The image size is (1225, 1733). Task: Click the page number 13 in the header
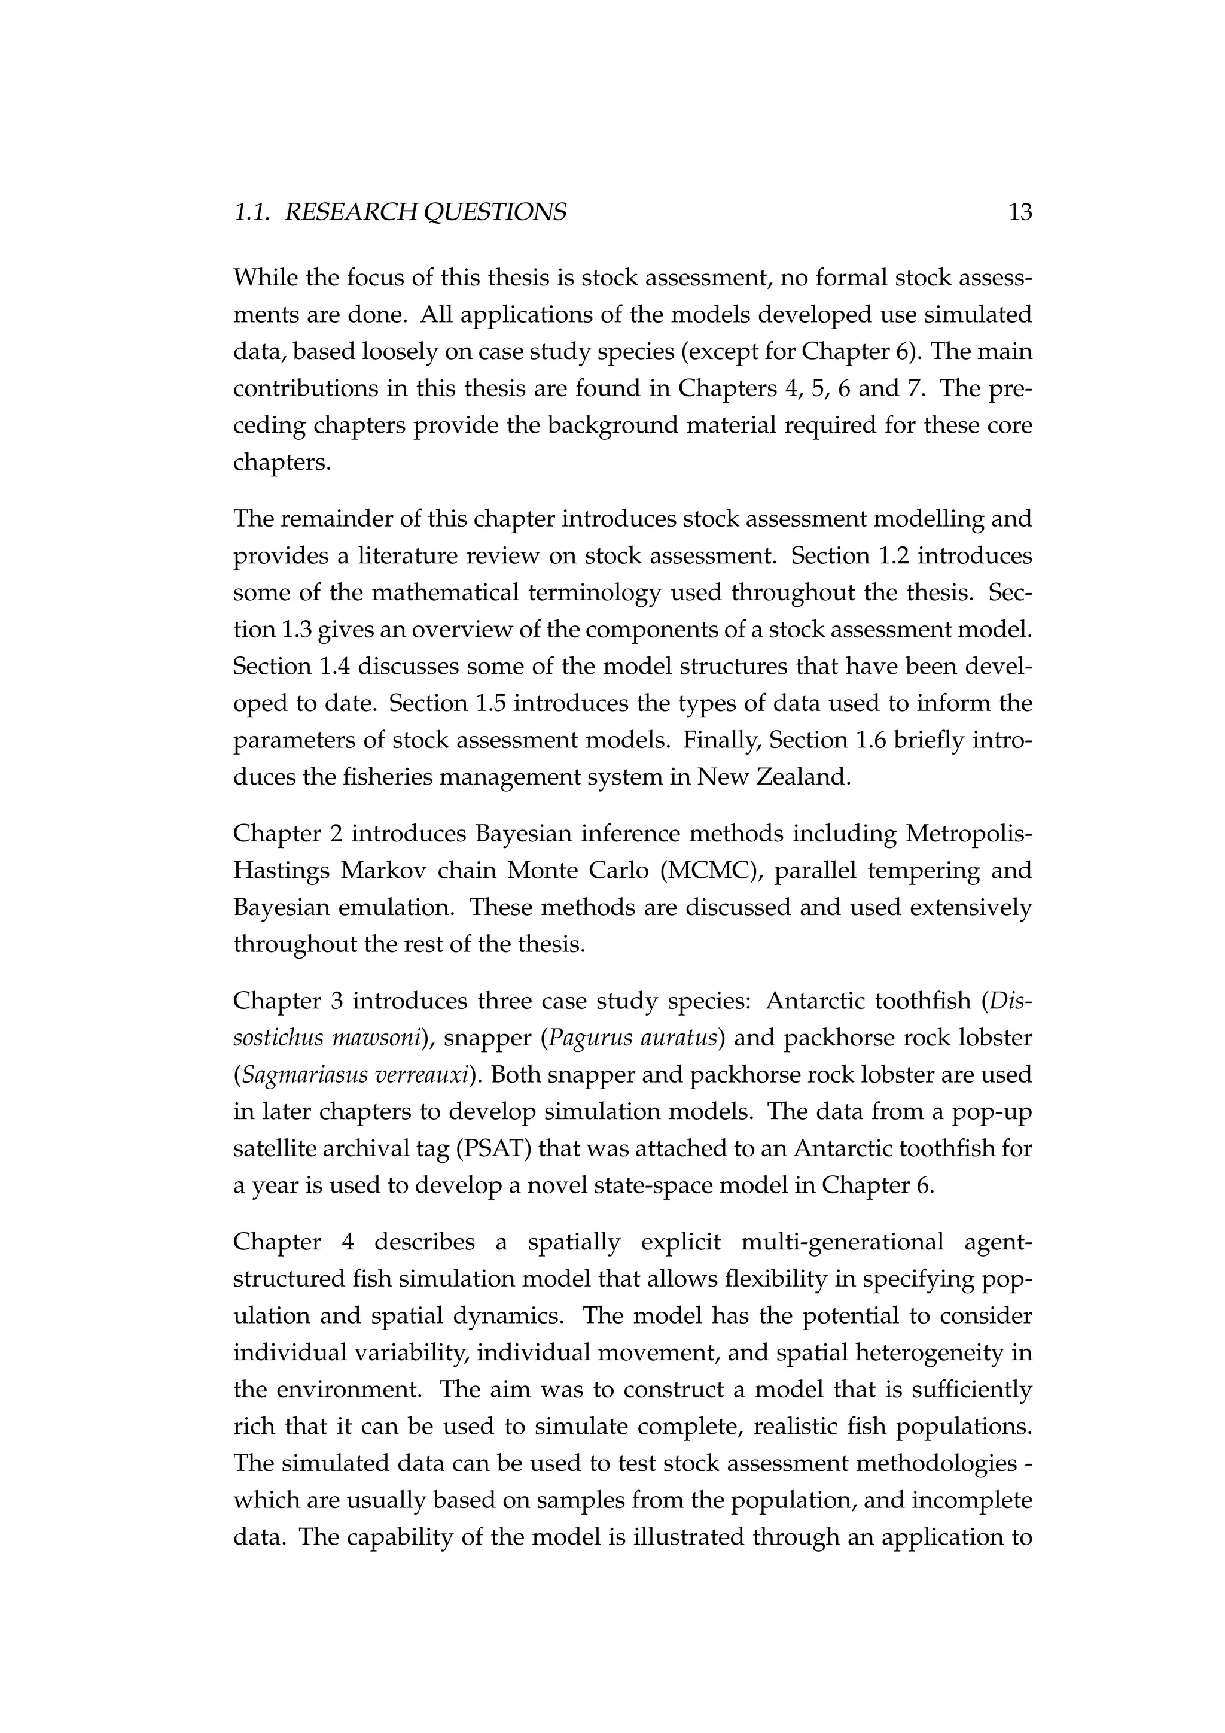tap(1019, 213)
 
